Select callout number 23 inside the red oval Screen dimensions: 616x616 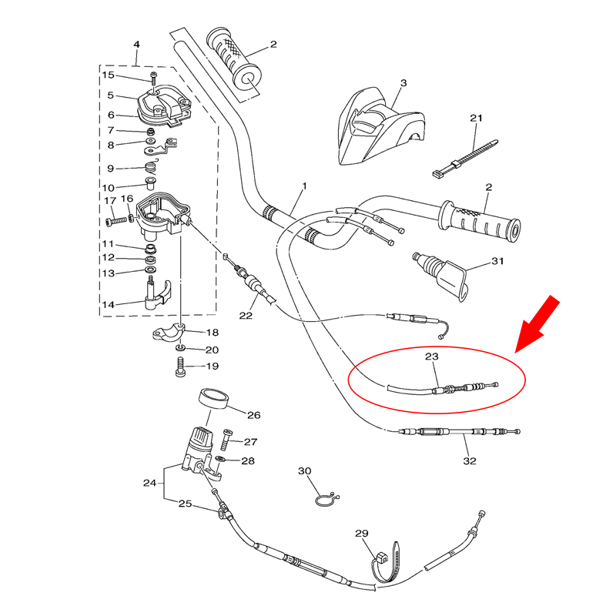click(431, 357)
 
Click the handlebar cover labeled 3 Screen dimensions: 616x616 click(381, 126)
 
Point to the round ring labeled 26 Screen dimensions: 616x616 click(214, 399)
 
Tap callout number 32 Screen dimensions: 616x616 click(470, 460)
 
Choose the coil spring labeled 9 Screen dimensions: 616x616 click(151, 167)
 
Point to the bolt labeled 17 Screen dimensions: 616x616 click(117, 221)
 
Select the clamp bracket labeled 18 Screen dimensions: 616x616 click(169, 332)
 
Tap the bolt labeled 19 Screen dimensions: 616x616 click(180, 367)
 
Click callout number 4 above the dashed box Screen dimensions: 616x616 click(136, 45)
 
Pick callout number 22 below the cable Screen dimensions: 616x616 click(246, 316)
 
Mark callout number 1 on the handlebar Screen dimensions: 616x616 click(304, 186)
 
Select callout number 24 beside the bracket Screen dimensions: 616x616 click(149, 483)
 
